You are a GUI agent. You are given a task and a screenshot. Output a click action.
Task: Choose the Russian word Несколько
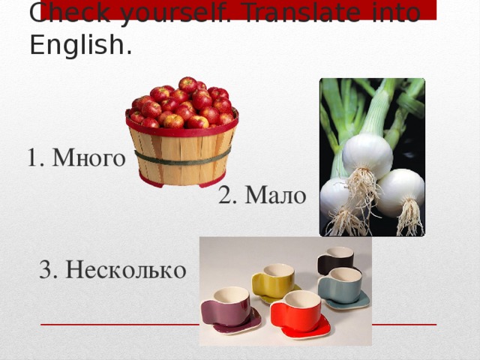pyautogui.click(x=125, y=269)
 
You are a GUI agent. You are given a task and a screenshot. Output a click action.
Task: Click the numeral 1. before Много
pyautogui.click(x=35, y=158)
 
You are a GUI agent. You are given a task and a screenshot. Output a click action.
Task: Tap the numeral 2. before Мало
pyautogui.click(x=228, y=196)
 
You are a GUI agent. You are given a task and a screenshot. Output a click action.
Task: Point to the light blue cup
pyautogui.click(x=340, y=285)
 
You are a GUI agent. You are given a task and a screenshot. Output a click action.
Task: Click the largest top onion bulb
pyautogui.click(x=367, y=155)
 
